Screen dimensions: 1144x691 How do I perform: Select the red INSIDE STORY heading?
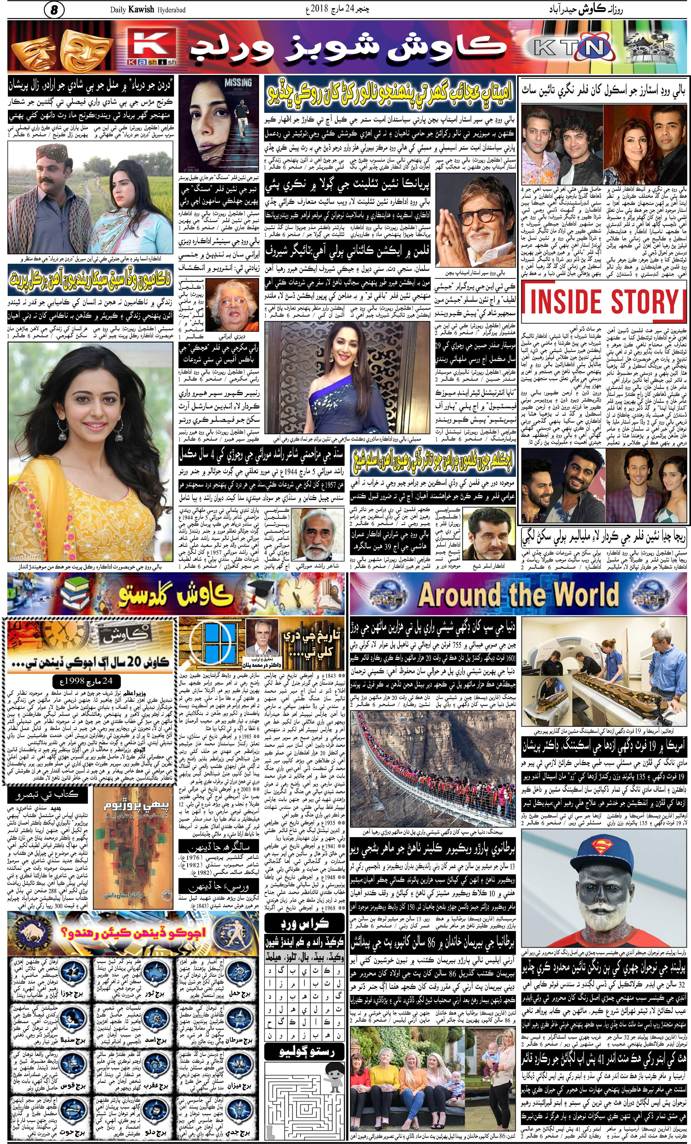(x=604, y=302)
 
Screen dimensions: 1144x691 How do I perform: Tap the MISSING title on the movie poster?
(x=238, y=82)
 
